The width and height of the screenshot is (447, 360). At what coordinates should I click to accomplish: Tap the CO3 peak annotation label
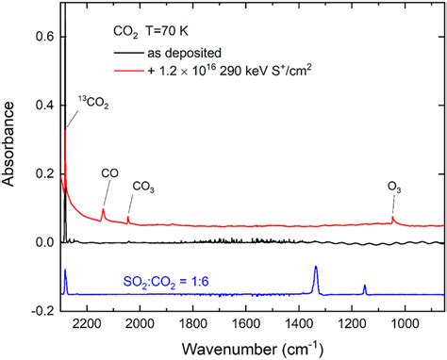click(145, 187)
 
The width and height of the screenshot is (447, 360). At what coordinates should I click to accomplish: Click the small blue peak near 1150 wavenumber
click(365, 286)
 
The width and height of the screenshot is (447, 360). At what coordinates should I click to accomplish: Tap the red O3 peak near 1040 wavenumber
click(393, 220)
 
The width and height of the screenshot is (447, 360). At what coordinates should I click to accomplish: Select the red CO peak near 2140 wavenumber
click(103, 211)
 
